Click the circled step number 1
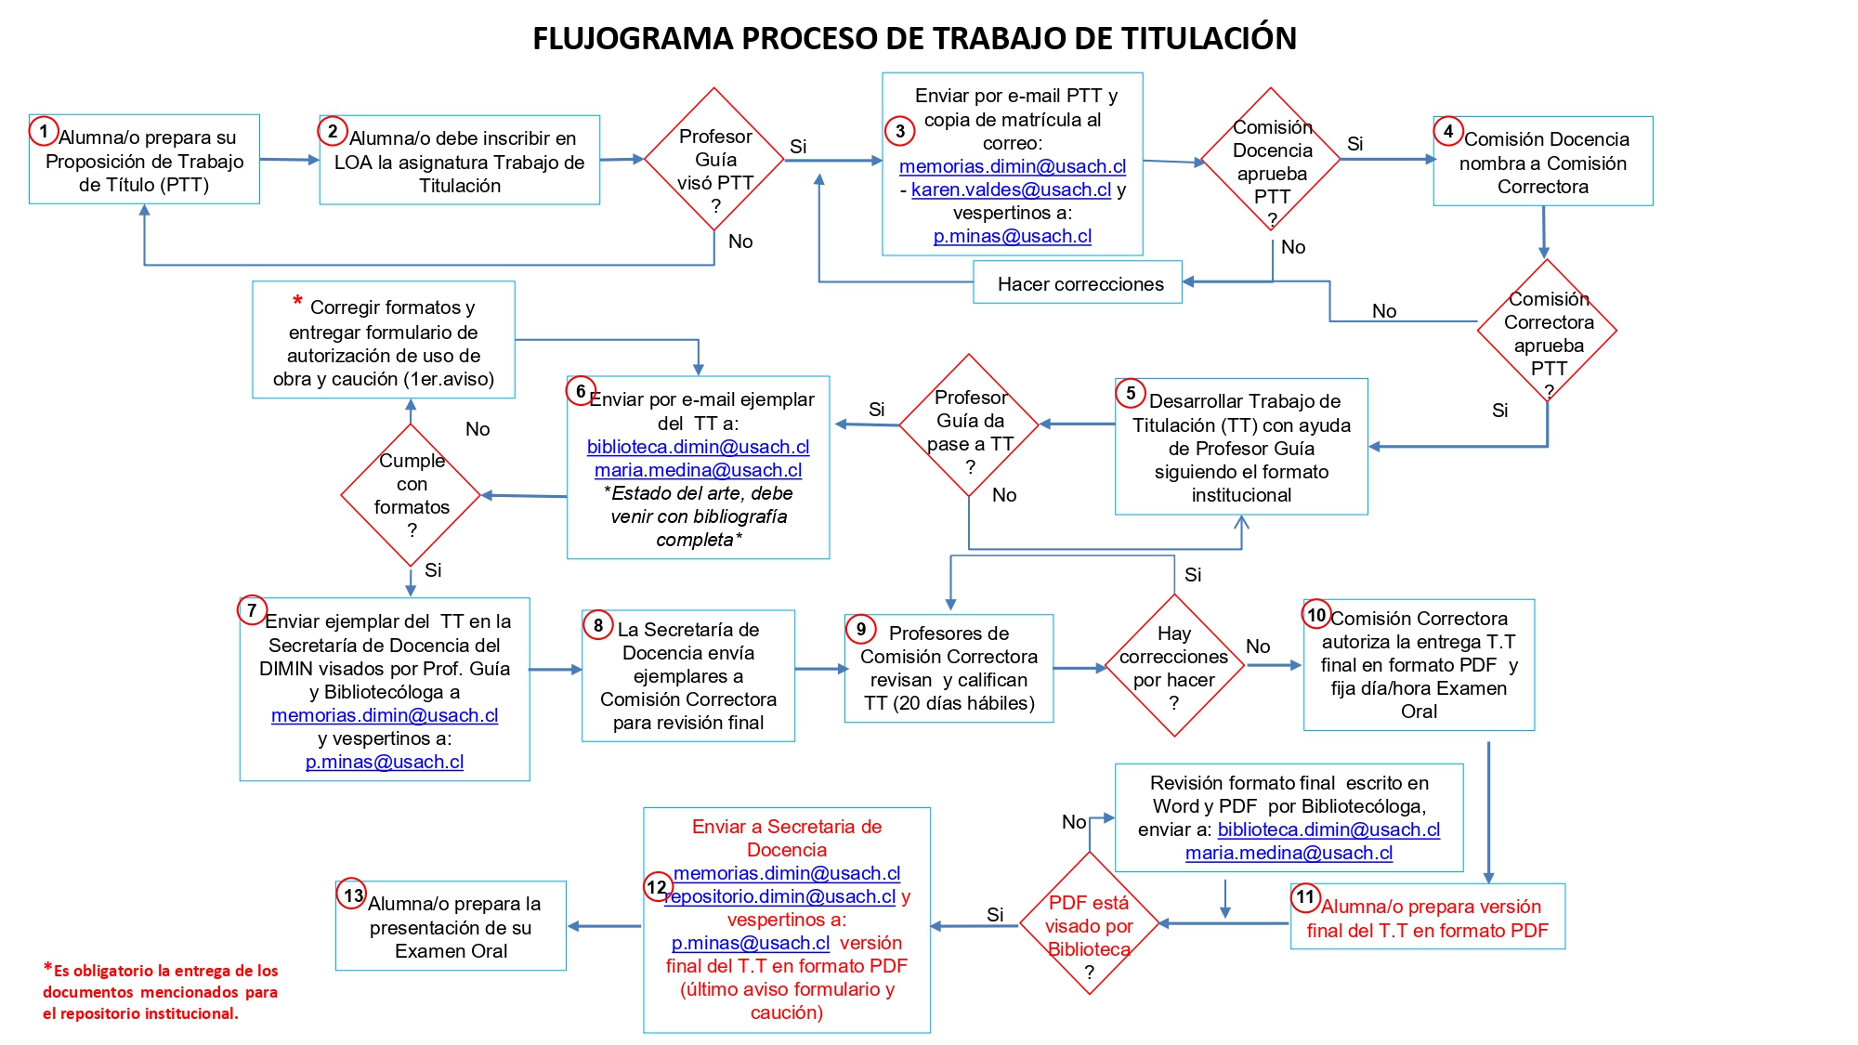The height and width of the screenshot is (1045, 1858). (x=44, y=131)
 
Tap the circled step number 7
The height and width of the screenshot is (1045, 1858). (x=252, y=610)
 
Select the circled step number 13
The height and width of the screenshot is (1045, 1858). (x=352, y=895)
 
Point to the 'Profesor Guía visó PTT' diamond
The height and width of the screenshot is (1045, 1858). (x=714, y=160)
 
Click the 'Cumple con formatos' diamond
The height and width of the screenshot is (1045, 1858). (x=411, y=495)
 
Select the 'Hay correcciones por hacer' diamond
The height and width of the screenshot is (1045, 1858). (x=1174, y=666)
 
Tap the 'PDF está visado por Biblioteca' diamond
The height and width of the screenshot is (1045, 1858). (x=1089, y=924)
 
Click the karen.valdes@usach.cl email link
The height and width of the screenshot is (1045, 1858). (x=1011, y=189)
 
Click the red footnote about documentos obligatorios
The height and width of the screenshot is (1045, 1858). (x=160, y=992)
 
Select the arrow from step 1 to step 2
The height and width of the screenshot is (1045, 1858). (x=289, y=160)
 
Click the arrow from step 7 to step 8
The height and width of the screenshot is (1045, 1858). (x=555, y=669)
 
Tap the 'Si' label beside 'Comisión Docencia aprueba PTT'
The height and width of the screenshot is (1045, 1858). (x=1354, y=144)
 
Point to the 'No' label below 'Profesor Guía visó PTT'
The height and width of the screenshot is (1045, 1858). (x=740, y=242)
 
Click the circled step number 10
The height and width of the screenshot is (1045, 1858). (x=1316, y=614)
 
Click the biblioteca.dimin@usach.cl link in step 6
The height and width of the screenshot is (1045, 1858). (x=698, y=447)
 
